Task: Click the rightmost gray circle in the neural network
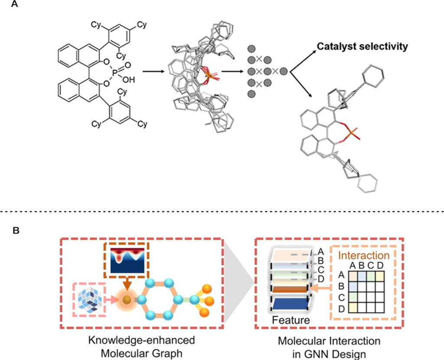click(x=284, y=71)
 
